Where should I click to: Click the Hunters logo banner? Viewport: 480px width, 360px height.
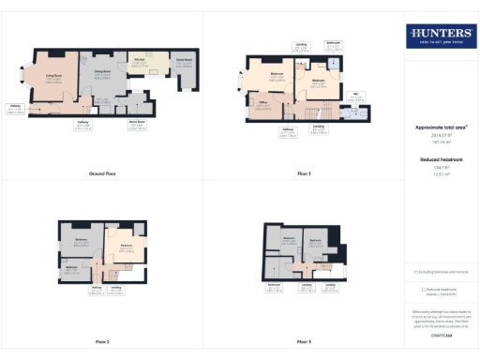(x=440, y=37)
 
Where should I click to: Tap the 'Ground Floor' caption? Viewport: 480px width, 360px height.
(x=102, y=174)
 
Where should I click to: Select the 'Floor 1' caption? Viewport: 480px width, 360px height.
(x=304, y=174)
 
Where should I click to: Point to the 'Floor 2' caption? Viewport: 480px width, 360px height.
(x=102, y=342)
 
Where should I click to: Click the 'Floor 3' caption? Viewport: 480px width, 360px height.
(x=304, y=342)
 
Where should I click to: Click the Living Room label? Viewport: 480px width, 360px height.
(x=53, y=80)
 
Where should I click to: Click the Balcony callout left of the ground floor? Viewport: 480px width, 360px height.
(x=16, y=108)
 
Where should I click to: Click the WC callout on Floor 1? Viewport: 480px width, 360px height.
(x=355, y=95)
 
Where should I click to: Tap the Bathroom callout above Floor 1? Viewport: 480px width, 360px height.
(x=333, y=45)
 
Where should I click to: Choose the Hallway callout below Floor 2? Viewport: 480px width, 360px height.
(x=97, y=290)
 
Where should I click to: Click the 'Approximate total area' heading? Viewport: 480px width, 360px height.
(x=439, y=127)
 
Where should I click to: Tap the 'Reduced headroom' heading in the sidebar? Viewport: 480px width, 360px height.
(x=439, y=159)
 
